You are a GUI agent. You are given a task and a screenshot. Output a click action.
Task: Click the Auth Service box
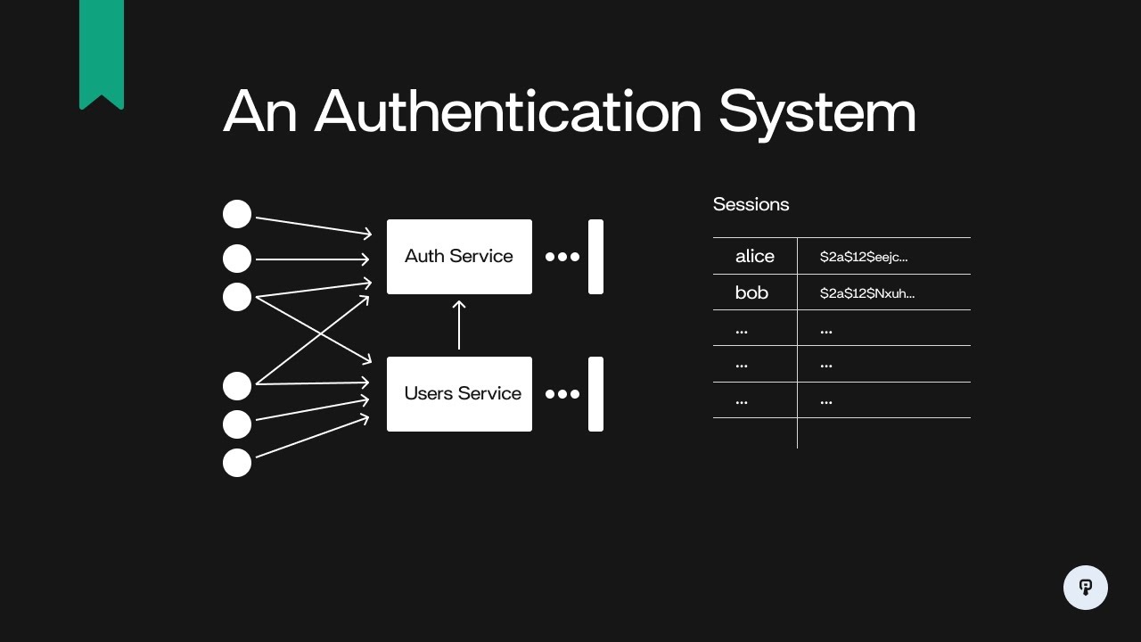coord(459,257)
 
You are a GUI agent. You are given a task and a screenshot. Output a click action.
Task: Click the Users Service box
coord(459,394)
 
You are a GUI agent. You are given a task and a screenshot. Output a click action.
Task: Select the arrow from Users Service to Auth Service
coord(459,325)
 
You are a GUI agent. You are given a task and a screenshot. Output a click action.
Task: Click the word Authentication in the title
coord(509,112)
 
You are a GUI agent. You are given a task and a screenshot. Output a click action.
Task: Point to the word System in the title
coord(817,112)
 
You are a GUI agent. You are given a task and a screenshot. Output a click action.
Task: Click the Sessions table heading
coord(751,204)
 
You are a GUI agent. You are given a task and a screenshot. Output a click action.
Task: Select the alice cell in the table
coord(755,257)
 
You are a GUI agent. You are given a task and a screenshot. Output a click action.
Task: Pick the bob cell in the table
coord(751,292)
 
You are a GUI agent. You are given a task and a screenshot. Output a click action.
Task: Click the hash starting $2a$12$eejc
coord(864,257)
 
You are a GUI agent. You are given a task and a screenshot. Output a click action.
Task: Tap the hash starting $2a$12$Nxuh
coord(867,292)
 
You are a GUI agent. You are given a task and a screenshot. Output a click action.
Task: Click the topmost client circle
coord(237,214)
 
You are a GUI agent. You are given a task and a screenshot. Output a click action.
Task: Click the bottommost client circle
coord(237,463)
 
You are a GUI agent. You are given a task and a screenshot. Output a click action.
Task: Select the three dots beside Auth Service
coord(562,257)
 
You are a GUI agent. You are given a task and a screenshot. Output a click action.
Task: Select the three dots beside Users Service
coord(562,394)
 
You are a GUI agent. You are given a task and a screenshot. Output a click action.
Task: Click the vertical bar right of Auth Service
coord(595,257)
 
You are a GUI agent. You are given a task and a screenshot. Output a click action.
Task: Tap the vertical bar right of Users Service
coord(595,394)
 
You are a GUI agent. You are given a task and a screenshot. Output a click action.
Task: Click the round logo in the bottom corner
coord(1086,588)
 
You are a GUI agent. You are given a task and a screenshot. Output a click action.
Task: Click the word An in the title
coord(259,112)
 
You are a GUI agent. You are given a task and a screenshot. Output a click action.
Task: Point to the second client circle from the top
coord(237,259)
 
